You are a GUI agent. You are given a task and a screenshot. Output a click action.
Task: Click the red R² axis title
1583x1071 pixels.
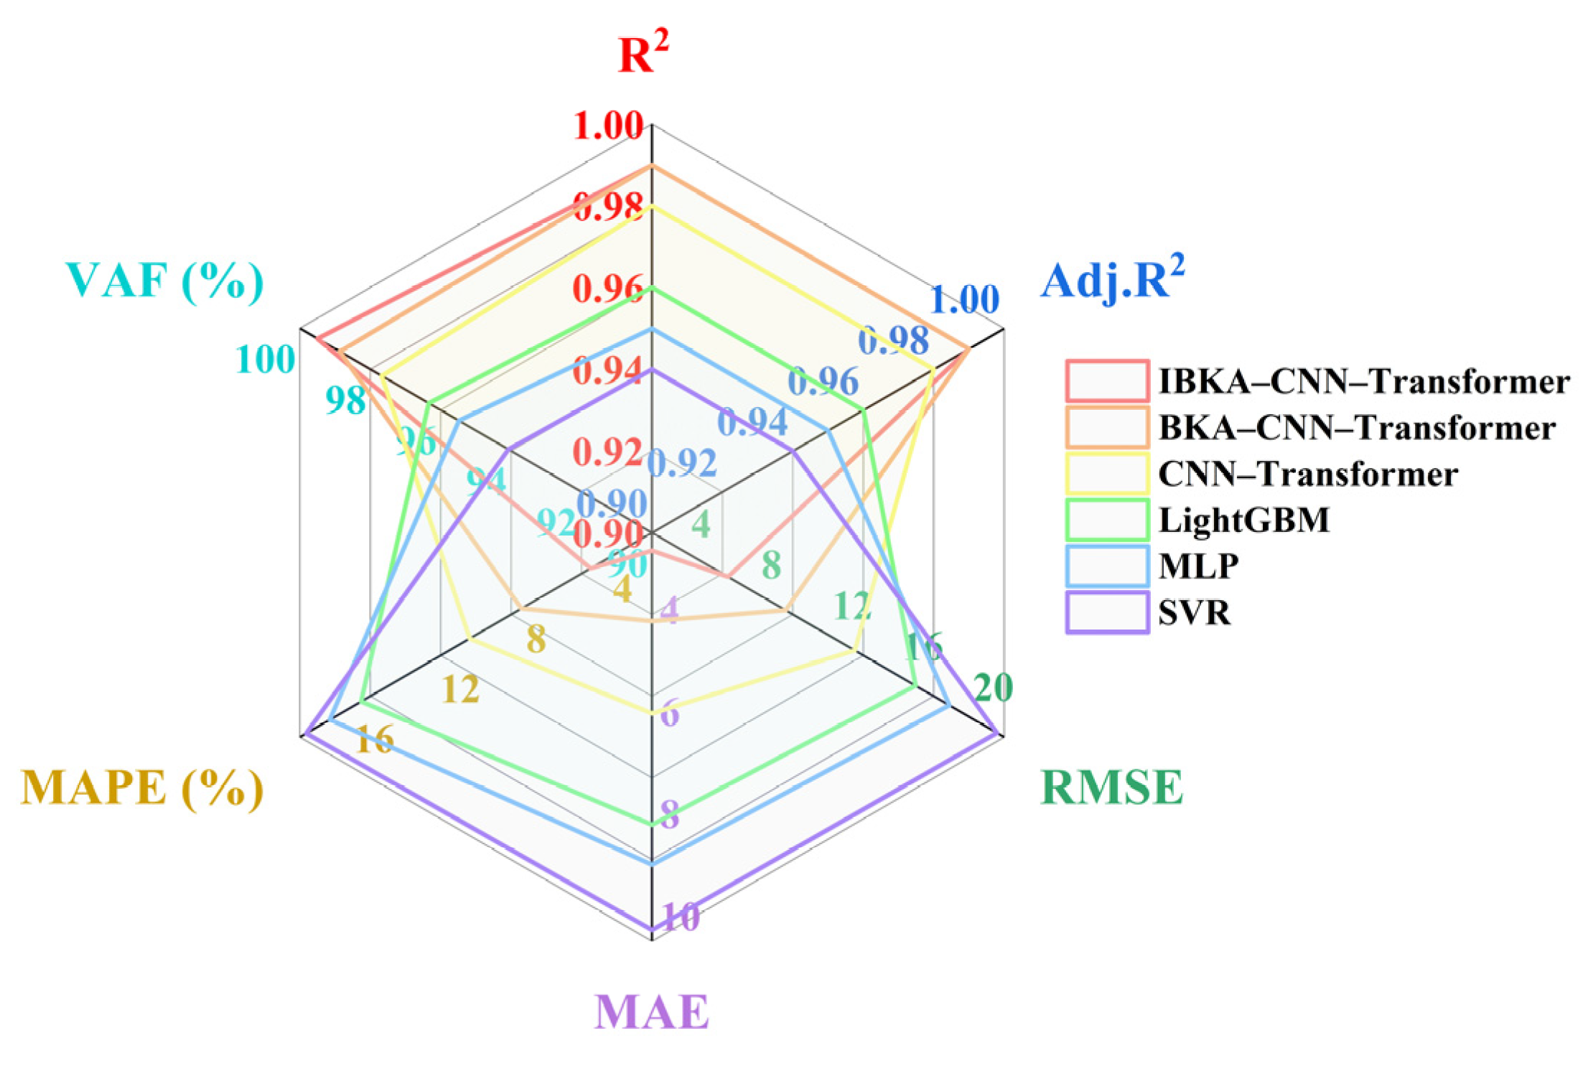click(x=643, y=53)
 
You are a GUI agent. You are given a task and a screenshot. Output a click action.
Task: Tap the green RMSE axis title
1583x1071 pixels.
click(x=1111, y=787)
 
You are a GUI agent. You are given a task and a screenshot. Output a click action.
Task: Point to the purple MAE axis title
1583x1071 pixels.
click(x=651, y=1012)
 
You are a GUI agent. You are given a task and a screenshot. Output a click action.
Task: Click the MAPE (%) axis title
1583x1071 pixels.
click(x=142, y=788)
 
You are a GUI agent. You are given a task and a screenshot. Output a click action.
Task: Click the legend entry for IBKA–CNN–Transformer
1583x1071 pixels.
click(x=1363, y=381)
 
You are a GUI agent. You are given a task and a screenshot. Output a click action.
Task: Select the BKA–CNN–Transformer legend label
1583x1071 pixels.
click(x=1357, y=428)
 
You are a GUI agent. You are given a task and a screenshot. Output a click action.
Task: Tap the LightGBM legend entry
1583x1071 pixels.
click(x=1244, y=520)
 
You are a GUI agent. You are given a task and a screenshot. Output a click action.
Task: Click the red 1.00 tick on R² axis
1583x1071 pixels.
click(x=608, y=126)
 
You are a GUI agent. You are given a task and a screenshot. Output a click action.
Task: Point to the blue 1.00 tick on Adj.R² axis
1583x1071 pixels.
click(x=964, y=299)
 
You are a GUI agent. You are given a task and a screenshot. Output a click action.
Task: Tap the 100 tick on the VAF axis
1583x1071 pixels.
click(x=266, y=360)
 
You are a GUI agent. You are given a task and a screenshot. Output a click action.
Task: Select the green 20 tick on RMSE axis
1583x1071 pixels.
click(x=994, y=688)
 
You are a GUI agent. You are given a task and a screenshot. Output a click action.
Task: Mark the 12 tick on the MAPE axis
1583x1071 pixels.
click(x=460, y=690)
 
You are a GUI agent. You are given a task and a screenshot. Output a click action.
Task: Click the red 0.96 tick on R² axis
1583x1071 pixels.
click(x=607, y=289)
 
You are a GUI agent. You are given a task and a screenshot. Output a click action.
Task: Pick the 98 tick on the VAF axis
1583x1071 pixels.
click(x=345, y=400)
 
